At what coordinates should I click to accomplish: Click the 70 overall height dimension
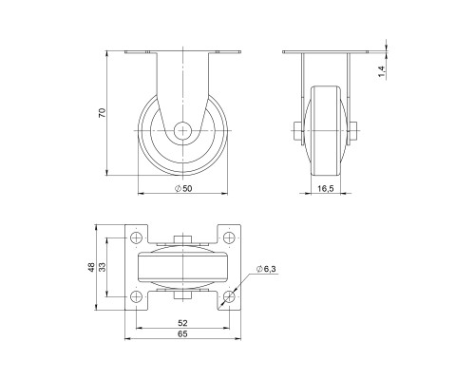[x=103, y=113]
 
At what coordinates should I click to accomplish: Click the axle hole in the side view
[x=181, y=130]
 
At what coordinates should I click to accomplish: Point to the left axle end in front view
[x=298, y=131]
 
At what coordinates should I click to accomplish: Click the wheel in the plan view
[x=181, y=268]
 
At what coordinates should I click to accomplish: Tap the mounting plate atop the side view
[x=181, y=52]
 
